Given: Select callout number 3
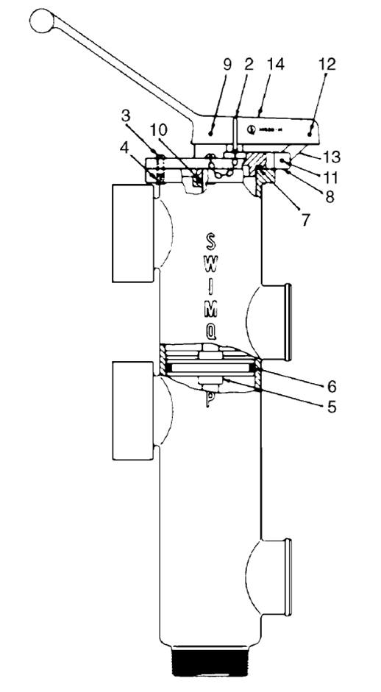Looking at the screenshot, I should click(x=127, y=116).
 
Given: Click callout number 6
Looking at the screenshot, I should click(x=330, y=385).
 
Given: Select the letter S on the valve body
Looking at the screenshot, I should click(x=211, y=241).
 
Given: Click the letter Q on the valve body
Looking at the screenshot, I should click(x=211, y=332).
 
